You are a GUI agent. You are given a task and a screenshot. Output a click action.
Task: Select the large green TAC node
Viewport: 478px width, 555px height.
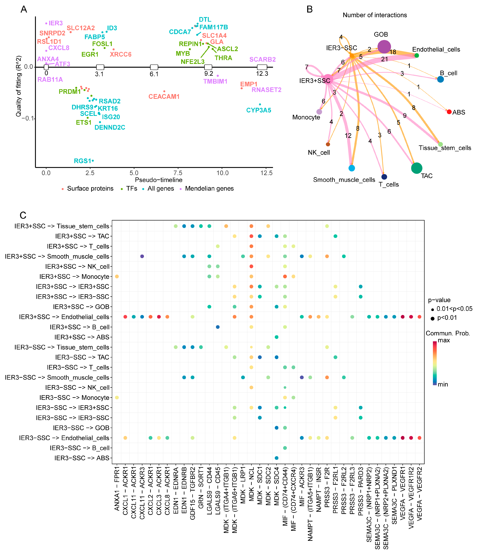coord(417,168)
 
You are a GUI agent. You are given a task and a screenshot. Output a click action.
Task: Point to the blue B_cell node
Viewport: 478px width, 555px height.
coord(440,79)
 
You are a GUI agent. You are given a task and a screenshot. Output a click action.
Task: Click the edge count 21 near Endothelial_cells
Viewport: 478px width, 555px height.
coord(384,59)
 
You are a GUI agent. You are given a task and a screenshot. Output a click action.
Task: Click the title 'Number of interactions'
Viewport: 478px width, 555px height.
coord(375,15)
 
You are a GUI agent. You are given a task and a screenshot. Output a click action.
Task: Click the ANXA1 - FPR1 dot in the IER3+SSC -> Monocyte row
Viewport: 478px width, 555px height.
coord(117,276)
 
